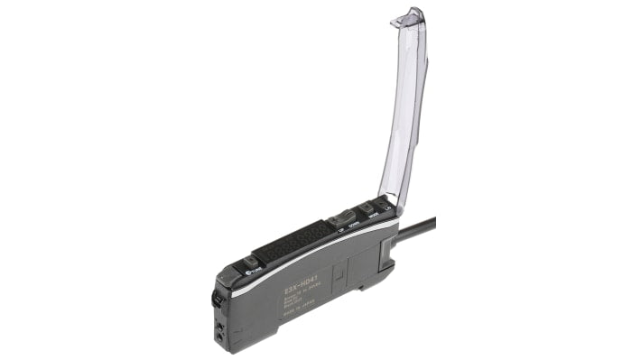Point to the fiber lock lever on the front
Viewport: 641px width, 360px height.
coord(217,295)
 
